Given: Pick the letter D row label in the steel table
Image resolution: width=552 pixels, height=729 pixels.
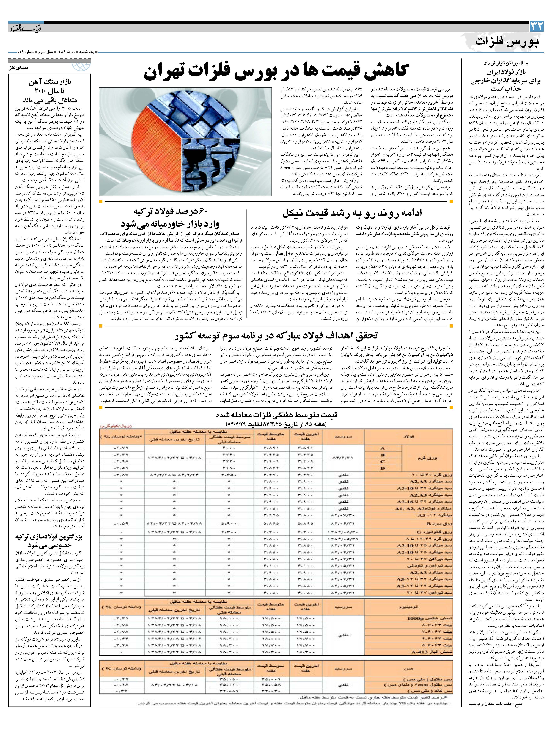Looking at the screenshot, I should [383, 468].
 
